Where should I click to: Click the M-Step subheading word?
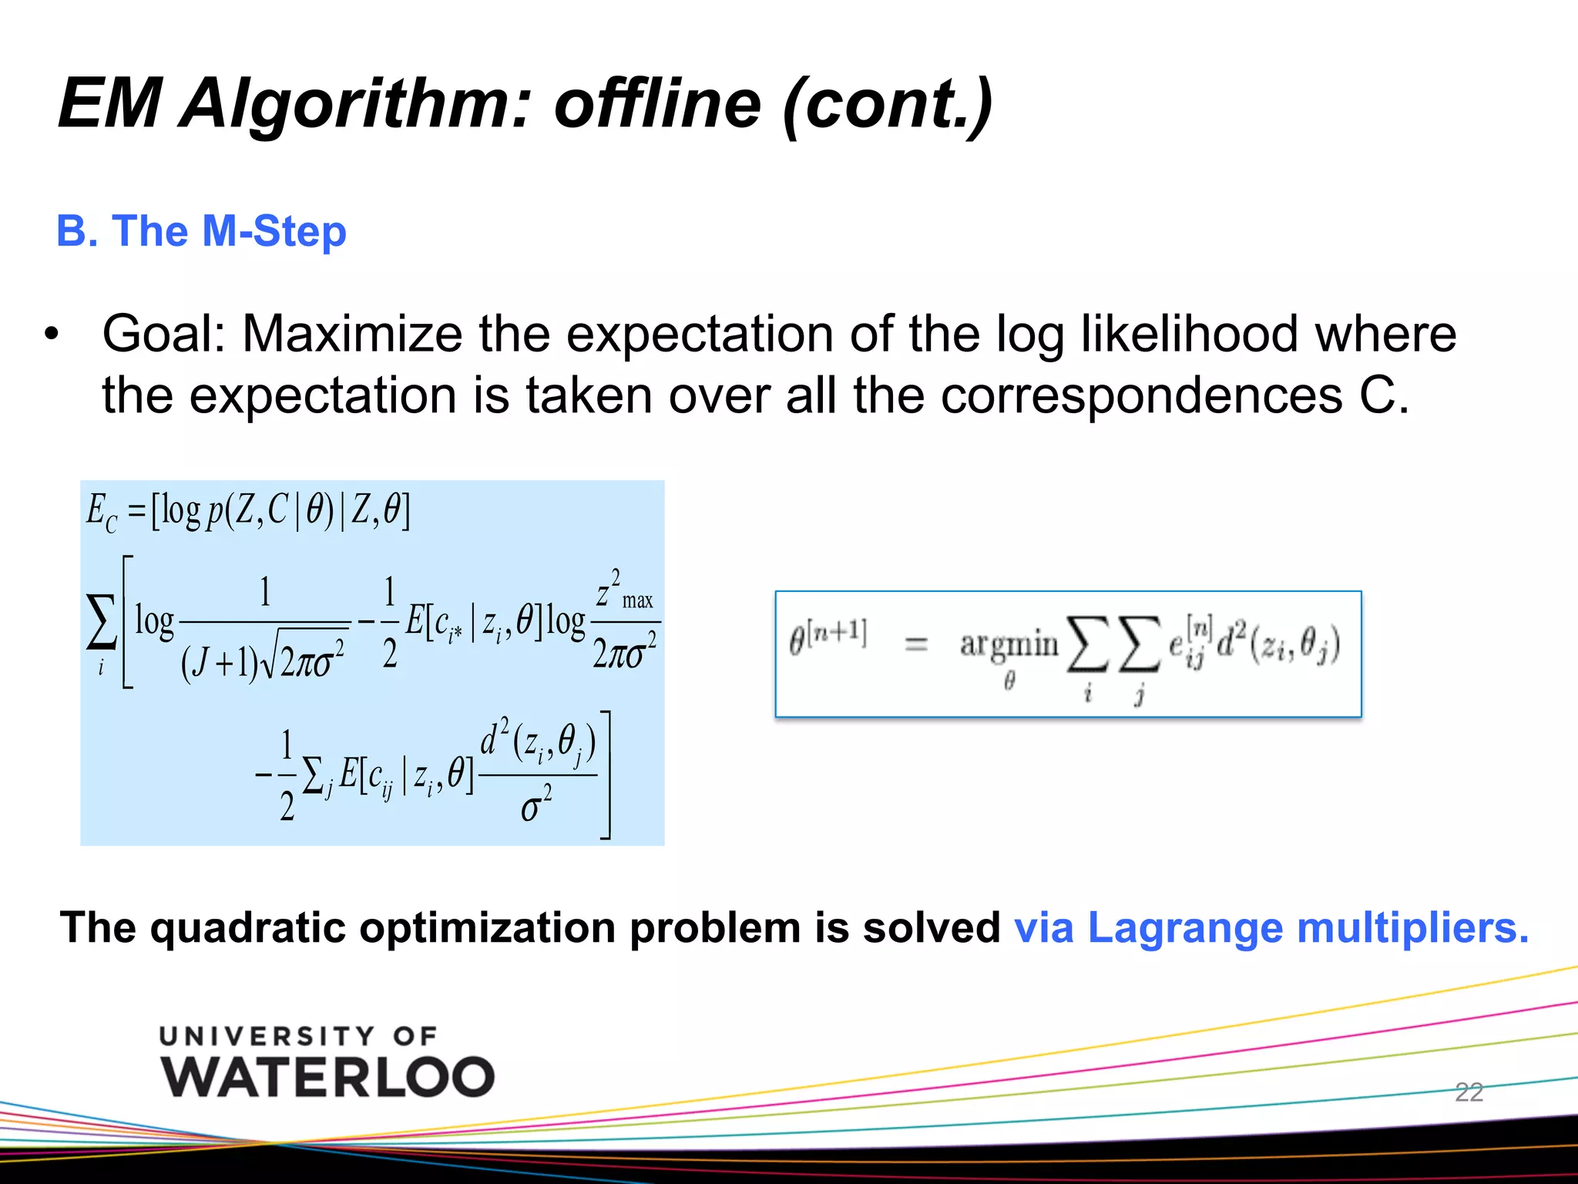[x=274, y=231]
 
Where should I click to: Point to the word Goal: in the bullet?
[x=164, y=335]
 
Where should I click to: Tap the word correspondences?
[x=1141, y=396]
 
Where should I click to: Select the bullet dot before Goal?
[x=51, y=335]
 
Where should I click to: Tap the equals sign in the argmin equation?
[x=915, y=643]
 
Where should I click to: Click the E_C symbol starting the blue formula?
[x=101, y=512]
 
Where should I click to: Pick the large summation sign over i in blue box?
[x=101, y=623]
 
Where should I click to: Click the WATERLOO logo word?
[x=327, y=1077]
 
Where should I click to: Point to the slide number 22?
[x=1469, y=1092]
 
